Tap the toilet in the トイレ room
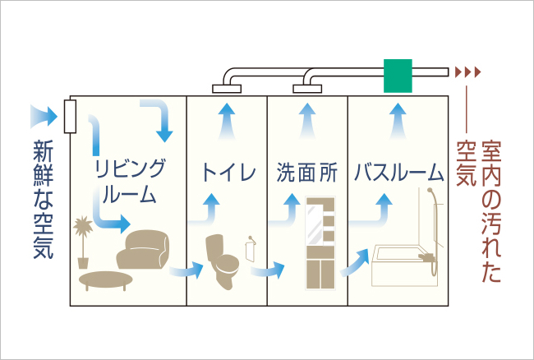point(222,258)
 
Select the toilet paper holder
point(250,245)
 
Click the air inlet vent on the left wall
point(70,116)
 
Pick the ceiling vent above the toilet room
point(224,87)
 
